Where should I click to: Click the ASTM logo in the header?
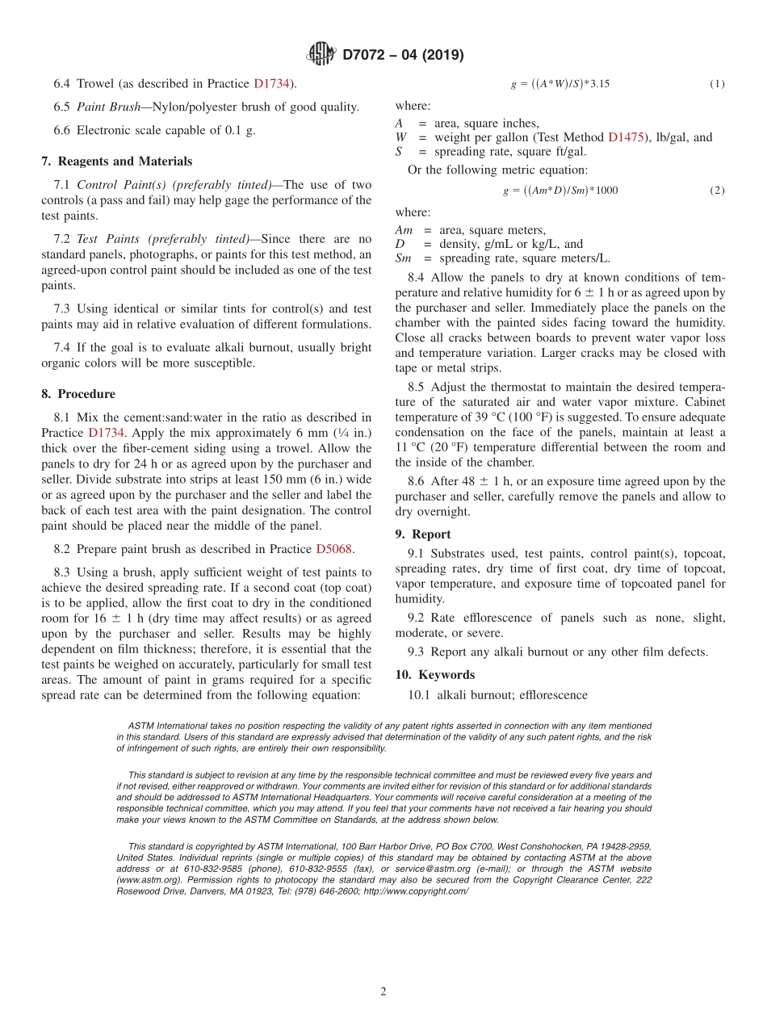tap(321, 55)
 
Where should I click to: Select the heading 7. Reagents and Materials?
tap(116, 161)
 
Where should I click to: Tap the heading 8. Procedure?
tap(78, 394)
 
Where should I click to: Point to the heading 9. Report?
tap(423, 534)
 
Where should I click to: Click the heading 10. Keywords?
tap(434, 675)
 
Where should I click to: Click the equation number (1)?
tap(717, 84)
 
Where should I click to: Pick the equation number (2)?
tap(717, 191)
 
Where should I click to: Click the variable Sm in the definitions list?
tap(403, 258)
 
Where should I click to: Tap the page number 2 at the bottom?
tap(383, 992)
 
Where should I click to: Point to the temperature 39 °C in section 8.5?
tap(501, 417)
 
